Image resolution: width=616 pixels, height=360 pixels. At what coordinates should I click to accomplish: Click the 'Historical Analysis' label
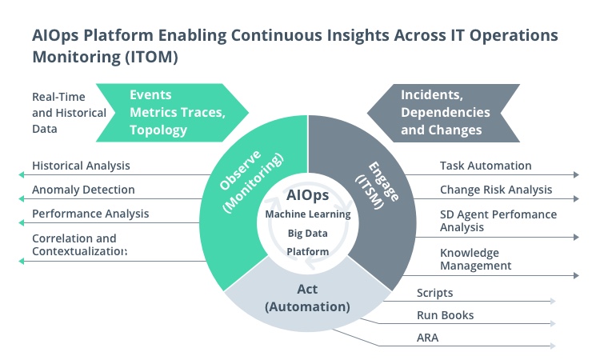coord(81,166)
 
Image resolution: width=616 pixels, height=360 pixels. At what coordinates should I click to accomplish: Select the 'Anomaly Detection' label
coord(83,190)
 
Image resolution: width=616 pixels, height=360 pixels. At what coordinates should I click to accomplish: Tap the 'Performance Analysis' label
coord(90,214)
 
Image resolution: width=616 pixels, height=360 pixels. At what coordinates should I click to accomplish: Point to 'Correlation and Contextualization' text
coord(79,245)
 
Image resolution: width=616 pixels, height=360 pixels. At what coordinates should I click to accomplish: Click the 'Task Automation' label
coord(486,166)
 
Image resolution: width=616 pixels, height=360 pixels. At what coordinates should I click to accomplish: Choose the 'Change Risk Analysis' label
coord(496,190)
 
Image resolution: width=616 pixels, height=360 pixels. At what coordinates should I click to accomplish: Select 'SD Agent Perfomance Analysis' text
coord(498,221)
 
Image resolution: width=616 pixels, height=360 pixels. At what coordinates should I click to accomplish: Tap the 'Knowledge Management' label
coord(475,258)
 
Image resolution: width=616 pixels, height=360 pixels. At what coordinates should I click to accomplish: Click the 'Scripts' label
coord(434,293)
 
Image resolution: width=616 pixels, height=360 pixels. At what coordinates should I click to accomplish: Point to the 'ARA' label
coord(427,338)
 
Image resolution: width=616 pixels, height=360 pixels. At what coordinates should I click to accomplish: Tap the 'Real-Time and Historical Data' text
coord(69,112)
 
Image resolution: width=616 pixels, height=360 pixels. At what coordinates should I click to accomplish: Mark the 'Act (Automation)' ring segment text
coord(307,298)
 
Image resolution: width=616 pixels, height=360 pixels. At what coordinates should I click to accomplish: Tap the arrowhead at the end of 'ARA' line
coord(553,346)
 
